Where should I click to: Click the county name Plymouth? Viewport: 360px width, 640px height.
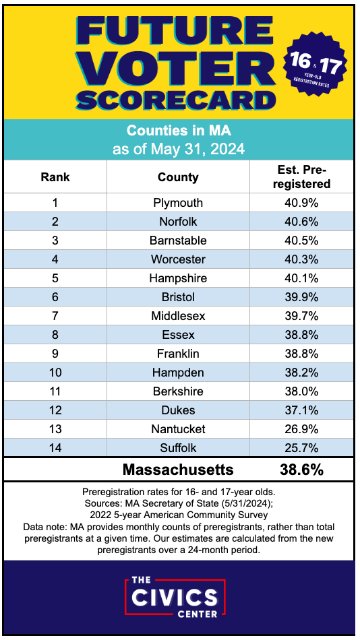178,203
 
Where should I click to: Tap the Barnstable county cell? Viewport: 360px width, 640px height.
178,241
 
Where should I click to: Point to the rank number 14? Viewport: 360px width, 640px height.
55,448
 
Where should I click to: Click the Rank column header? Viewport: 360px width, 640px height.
55,177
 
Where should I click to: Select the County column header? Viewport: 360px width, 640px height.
178,177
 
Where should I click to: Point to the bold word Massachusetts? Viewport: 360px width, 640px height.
178,470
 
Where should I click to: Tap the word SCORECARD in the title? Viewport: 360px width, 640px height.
177,100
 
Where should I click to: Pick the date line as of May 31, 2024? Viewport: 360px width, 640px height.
179,148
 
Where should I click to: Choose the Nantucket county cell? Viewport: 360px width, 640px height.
178,429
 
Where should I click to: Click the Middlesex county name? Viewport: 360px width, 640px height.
178,316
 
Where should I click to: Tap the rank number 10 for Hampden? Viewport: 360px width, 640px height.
55,373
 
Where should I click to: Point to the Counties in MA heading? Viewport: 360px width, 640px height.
179,131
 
